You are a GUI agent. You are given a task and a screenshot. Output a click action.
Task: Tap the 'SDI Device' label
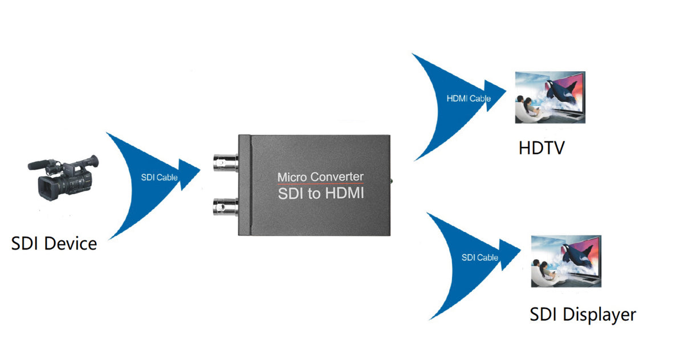click(x=54, y=244)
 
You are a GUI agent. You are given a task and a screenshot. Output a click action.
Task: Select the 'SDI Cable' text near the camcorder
click(x=159, y=177)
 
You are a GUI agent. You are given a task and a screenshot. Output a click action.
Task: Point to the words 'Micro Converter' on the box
click(x=320, y=177)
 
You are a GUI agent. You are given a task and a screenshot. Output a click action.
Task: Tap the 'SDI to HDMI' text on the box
click(x=320, y=194)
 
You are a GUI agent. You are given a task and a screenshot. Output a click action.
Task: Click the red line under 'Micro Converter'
click(x=320, y=185)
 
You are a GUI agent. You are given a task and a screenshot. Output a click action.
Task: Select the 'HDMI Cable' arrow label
click(x=469, y=99)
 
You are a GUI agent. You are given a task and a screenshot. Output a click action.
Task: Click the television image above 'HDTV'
click(x=549, y=97)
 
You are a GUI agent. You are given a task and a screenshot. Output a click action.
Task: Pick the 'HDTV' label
click(x=541, y=148)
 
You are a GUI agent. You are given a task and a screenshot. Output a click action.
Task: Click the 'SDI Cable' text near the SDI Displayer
click(x=479, y=257)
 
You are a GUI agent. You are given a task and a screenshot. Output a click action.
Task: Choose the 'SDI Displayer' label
click(x=583, y=314)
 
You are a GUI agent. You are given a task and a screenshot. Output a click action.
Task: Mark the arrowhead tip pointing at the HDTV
click(x=506, y=90)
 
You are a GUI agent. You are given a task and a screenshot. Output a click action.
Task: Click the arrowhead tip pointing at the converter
click(x=199, y=169)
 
